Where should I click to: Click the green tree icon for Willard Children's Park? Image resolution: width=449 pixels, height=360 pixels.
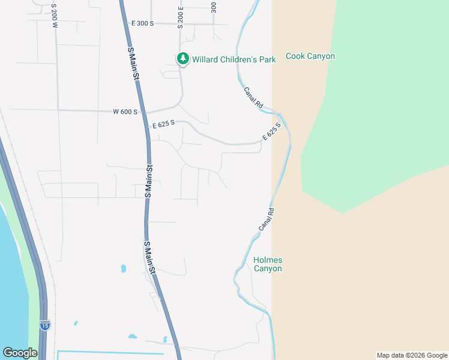[182, 59]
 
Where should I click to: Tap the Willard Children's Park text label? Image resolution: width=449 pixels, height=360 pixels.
[234, 59]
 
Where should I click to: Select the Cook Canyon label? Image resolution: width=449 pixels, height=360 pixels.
[310, 56]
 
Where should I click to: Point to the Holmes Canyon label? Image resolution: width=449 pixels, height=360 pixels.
[268, 264]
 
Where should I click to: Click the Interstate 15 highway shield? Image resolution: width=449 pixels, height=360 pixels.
[45, 325]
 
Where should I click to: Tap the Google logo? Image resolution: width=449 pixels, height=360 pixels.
[20, 353]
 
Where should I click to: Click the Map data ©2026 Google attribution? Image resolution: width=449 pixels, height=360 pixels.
[412, 355]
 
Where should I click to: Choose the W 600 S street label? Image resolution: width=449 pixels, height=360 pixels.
[125, 112]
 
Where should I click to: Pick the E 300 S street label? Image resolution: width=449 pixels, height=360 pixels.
[143, 23]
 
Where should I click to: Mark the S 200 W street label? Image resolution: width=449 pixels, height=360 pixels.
[55, 13]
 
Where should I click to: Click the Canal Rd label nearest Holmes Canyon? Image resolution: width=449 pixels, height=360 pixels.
[267, 220]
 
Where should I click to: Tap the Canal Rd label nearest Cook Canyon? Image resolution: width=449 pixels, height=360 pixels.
[253, 97]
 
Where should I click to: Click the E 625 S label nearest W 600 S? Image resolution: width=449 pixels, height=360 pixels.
[163, 124]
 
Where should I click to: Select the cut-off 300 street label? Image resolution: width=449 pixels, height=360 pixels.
[214, 7]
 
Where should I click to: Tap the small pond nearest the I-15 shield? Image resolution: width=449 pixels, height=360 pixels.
[76, 323]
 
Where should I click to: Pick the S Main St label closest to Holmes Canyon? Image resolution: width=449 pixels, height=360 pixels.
[149, 258]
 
